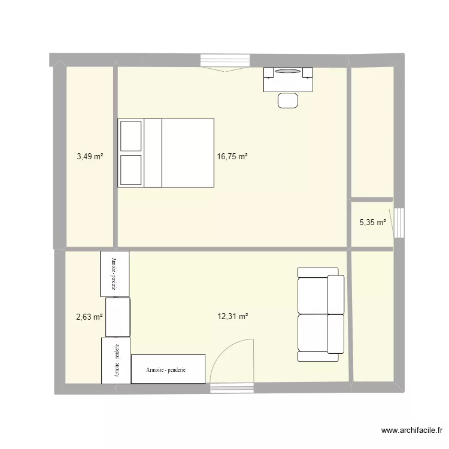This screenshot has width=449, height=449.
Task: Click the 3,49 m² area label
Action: pos(90,157)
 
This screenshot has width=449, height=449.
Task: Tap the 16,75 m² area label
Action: pos(232,157)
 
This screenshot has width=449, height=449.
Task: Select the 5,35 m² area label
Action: pos(372,223)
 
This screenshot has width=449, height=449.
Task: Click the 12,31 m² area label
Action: pos(232,317)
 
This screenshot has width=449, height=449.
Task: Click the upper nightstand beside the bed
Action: pos(131,136)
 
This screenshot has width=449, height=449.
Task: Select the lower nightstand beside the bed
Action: pos(131,170)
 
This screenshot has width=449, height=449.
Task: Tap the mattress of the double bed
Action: pos(187,153)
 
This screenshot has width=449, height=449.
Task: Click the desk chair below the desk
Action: pos(288,100)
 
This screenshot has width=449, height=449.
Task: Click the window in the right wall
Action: pos(399,223)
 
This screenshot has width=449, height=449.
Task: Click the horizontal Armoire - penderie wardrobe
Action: pos(168,369)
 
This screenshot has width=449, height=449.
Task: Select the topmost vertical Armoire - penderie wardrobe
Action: pos(114,273)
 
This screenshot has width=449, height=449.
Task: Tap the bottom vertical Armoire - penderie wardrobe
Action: pos(116,360)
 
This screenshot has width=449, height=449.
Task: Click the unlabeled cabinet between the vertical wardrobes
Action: pos(118,317)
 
